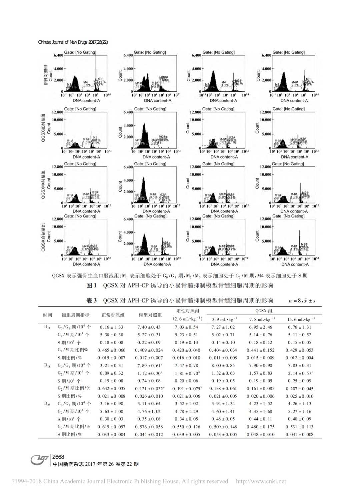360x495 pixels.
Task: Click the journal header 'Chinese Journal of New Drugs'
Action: coord(73,42)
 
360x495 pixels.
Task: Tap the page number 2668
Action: coord(58,457)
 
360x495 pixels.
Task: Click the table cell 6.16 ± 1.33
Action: coord(111,327)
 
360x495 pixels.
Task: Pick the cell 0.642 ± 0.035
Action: coord(111,389)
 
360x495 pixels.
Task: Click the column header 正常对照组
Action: coord(113,315)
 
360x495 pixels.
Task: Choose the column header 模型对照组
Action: coord(150,315)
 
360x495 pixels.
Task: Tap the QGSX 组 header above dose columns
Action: coord(264,311)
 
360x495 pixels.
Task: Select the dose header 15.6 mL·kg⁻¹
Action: coord(301,319)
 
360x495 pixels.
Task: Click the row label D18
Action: coord(47,365)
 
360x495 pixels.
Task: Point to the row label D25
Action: coord(47,404)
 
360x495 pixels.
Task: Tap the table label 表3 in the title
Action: coord(91,301)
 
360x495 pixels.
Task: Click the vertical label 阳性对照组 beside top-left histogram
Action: coord(46,75)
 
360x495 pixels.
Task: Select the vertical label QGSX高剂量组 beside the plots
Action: coord(43,237)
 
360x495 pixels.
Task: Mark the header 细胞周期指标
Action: coord(76,315)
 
